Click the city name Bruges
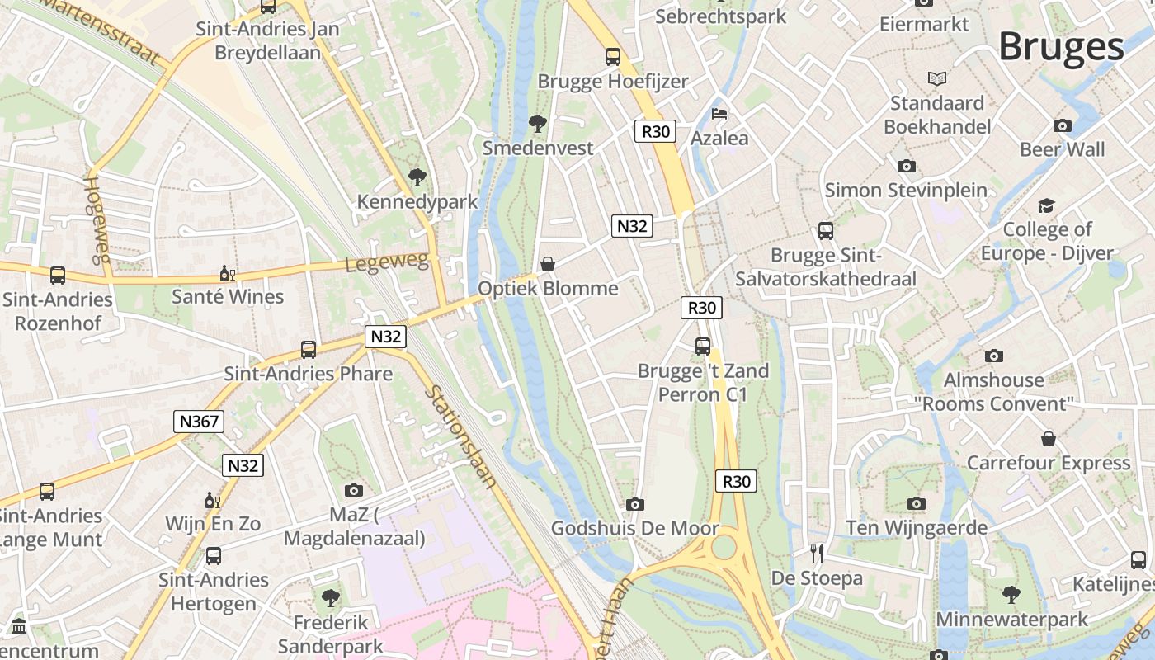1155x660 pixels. (1061, 47)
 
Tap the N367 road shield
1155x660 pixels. (199, 422)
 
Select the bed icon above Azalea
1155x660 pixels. (719, 114)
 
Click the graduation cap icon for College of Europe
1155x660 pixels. (1046, 205)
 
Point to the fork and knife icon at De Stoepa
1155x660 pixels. (817, 553)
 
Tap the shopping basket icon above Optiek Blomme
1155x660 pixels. (547, 264)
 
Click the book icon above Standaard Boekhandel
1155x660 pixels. (936, 79)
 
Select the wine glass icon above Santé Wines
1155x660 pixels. (227, 273)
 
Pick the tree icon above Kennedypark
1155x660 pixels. (417, 177)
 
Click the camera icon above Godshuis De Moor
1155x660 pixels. (634, 504)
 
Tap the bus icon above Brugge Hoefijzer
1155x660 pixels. (612, 57)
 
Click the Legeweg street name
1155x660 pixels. (387, 262)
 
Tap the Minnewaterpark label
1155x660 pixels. (1011, 619)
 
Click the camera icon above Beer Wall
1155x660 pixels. (1062, 125)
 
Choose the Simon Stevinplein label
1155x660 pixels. (906, 190)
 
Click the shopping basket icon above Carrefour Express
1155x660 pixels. (1048, 438)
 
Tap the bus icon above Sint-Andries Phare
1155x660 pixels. (308, 349)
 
